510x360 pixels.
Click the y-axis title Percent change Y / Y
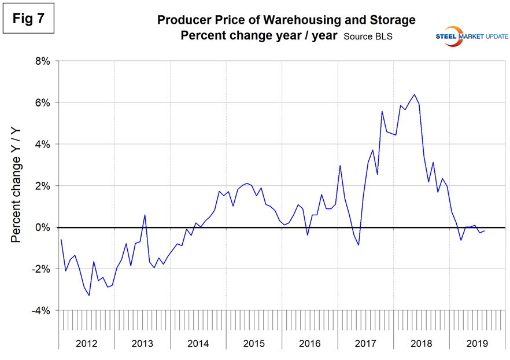click(17, 186)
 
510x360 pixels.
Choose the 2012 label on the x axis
click(86, 343)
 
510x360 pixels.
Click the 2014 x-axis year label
click(198, 343)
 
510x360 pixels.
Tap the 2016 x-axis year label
click(310, 343)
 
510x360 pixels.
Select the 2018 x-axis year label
click(422, 343)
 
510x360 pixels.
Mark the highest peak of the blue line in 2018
click(414, 94)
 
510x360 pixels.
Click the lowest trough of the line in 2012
click(89, 296)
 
